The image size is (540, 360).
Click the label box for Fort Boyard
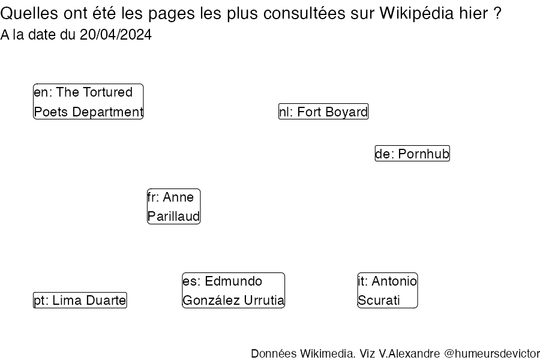point(323,112)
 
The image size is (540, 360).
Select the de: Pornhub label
point(412,154)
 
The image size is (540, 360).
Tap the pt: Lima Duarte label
point(80,300)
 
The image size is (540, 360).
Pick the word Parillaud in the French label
point(173,217)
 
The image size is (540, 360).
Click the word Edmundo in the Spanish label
point(233,281)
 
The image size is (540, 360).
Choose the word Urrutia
point(264,301)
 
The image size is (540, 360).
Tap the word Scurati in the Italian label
point(379,301)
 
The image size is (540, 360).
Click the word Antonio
point(395,281)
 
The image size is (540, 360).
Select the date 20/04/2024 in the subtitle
point(116,35)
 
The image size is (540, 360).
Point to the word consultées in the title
point(304,14)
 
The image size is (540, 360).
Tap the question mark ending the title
point(497,14)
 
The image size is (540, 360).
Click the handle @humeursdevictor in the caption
point(492,354)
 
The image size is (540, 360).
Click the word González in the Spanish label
point(211,301)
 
